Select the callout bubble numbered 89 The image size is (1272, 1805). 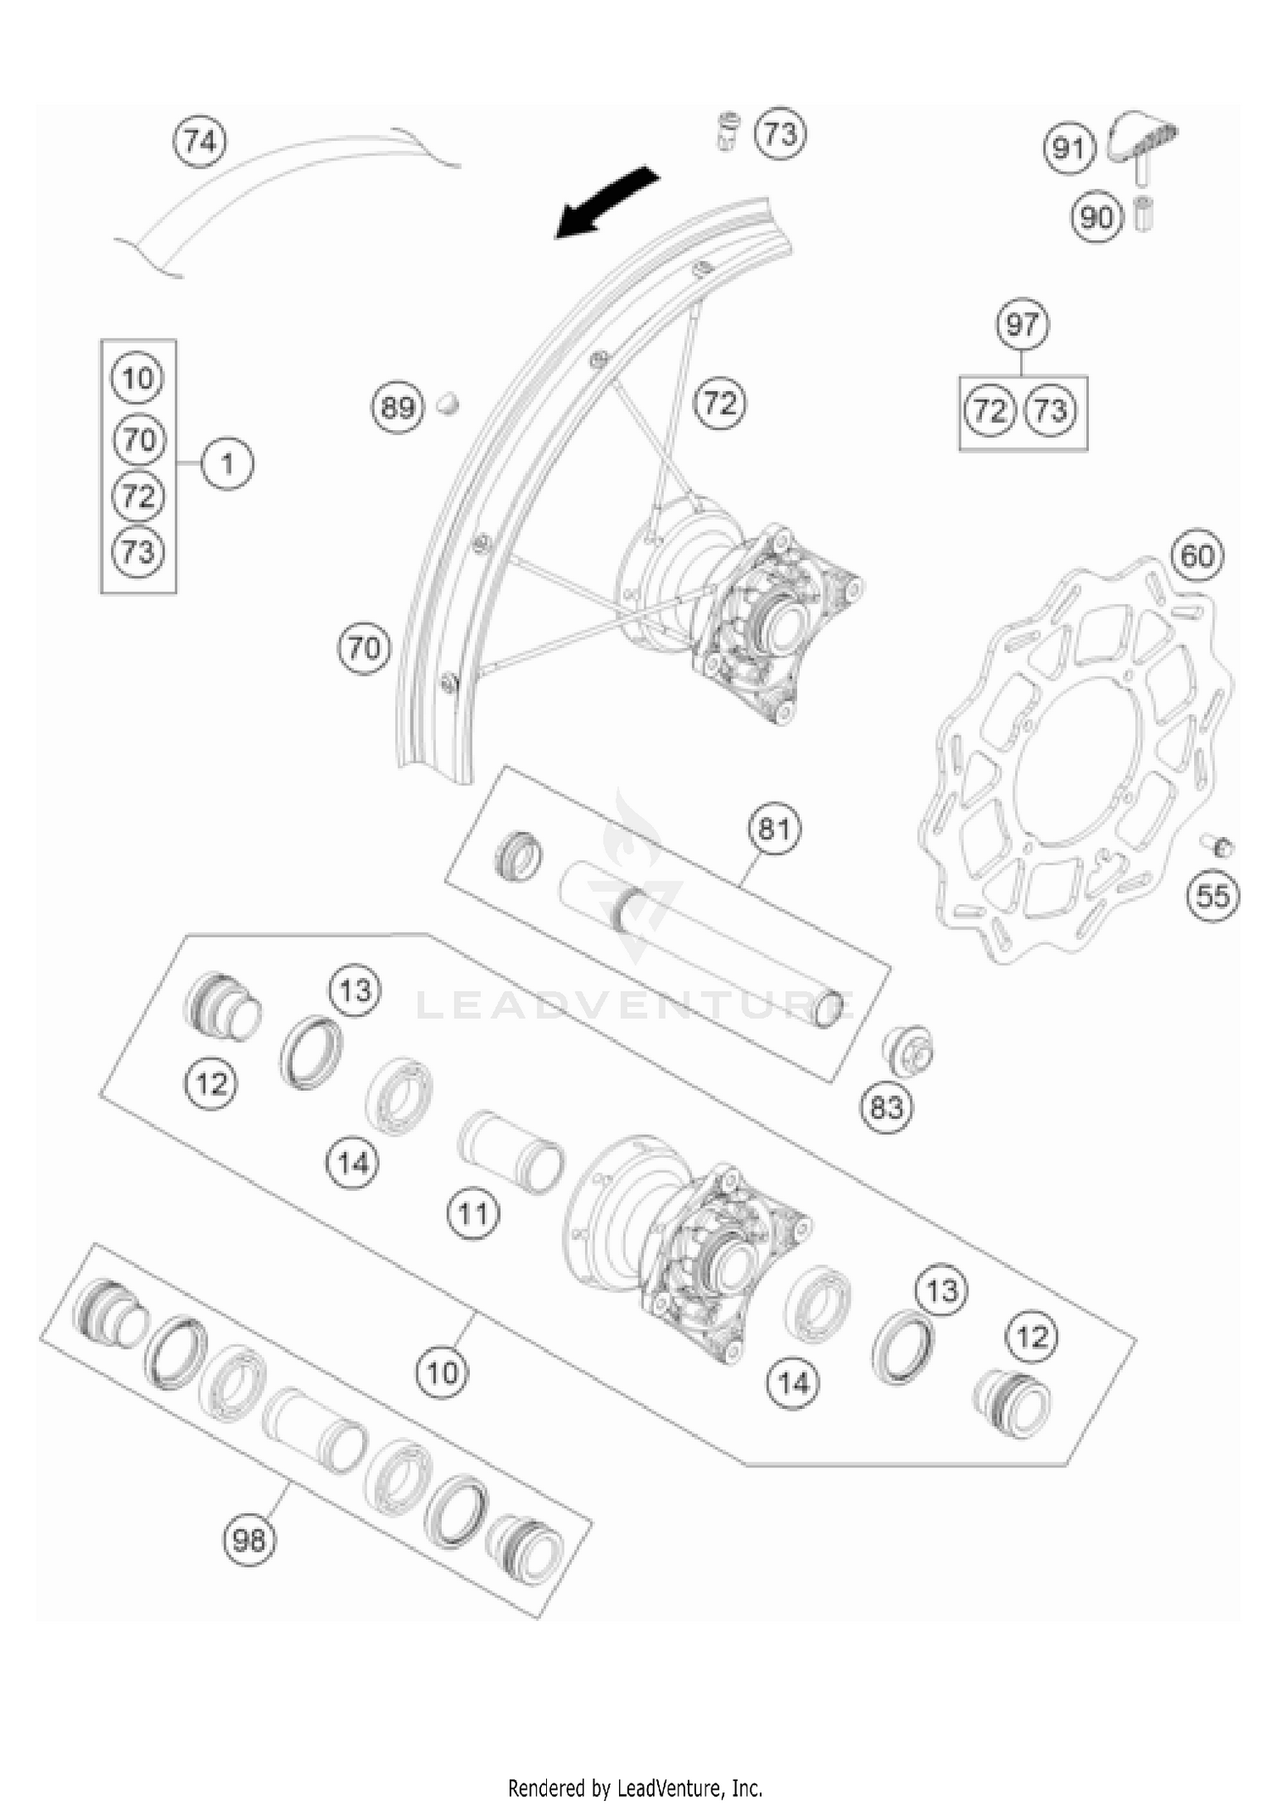pos(397,408)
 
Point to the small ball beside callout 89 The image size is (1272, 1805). pos(447,405)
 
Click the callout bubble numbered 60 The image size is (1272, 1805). pos(1197,556)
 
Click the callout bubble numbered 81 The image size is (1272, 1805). pos(773,828)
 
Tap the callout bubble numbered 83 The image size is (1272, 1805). pos(886,1108)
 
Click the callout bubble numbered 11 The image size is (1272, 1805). pos(472,1214)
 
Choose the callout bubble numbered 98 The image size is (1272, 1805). pos(249,1540)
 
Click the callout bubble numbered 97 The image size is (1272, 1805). pos(1022,324)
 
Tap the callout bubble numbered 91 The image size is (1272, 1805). pos(1068,149)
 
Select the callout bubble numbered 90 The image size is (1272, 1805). pos(1096,217)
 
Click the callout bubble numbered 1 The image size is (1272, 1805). pos(227,464)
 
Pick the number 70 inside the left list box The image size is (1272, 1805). pos(139,439)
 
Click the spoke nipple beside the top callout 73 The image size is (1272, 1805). pos(728,131)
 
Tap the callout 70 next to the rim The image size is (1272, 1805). pos(364,649)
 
